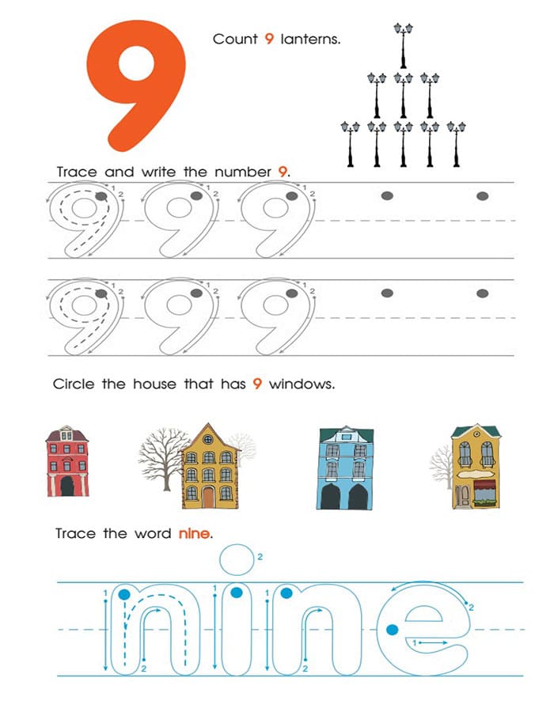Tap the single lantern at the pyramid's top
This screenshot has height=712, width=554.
click(x=404, y=45)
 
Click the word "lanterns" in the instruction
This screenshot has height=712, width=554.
click(x=310, y=40)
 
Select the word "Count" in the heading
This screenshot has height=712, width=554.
click(x=235, y=40)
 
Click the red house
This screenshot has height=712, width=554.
click(x=67, y=461)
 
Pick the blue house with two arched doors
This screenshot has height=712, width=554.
click(x=345, y=468)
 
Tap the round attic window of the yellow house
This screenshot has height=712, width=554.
click(x=208, y=440)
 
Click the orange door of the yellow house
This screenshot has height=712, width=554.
click(x=208, y=497)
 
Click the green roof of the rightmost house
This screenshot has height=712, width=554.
click(x=476, y=430)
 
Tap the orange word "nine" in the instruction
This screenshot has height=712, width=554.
click(x=195, y=533)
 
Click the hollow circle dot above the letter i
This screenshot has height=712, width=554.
click(x=237, y=559)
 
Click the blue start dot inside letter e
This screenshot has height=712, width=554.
click(x=393, y=630)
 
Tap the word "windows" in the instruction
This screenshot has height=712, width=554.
click(x=302, y=384)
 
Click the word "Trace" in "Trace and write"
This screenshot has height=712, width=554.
click(x=77, y=172)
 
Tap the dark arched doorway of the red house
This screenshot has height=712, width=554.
click(x=67, y=486)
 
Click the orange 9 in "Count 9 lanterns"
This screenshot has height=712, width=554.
click(x=269, y=39)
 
